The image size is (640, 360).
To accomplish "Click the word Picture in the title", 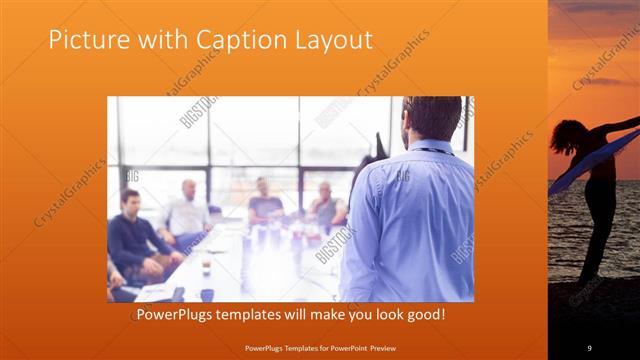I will coord(85,40).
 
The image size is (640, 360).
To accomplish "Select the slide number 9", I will coord(589,347).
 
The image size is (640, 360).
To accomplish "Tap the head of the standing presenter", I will coord(432,118).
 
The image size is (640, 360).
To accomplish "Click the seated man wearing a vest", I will coord(326,207).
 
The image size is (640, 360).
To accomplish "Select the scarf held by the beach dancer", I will coord(600,160).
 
